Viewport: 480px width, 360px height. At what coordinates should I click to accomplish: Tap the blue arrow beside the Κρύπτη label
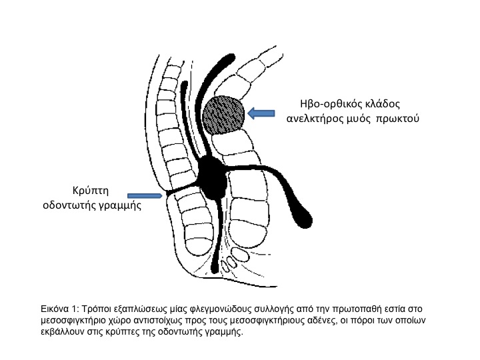[x=147, y=195]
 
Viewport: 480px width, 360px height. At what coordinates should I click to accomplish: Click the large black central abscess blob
[x=213, y=175]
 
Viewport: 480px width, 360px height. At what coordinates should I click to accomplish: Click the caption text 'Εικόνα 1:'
[x=59, y=309]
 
